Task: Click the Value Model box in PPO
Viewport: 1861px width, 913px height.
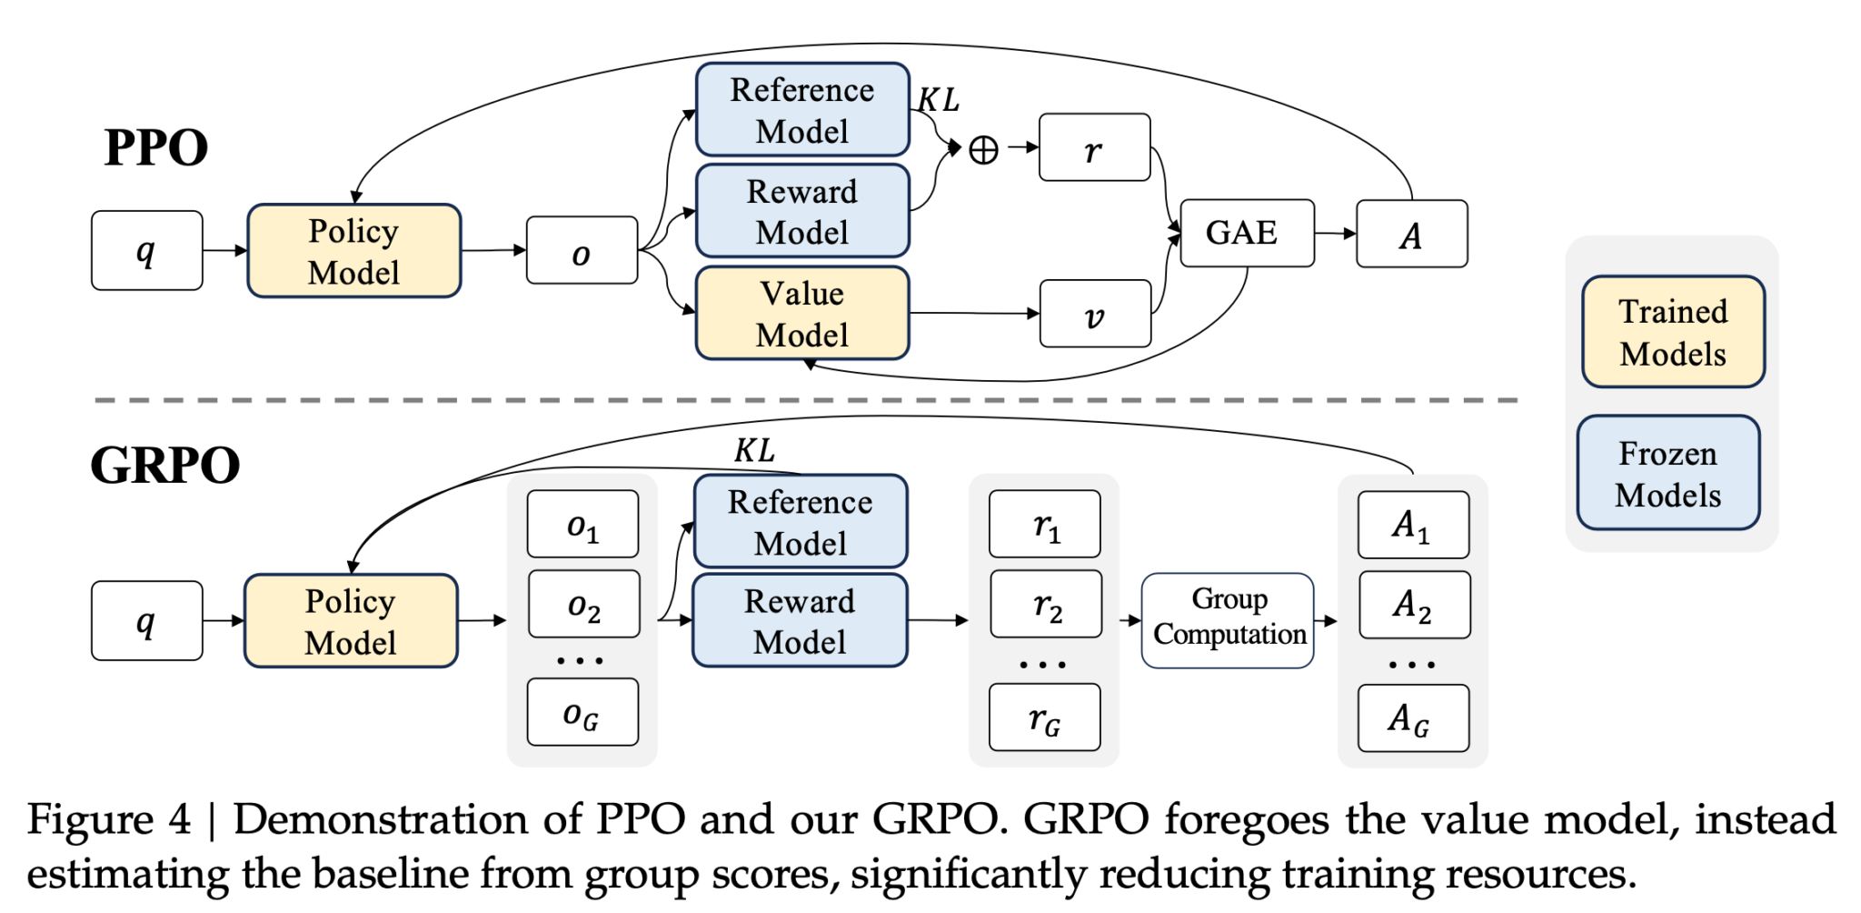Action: pyautogui.click(x=802, y=314)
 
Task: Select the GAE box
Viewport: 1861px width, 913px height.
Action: pyautogui.click(x=1247, y=233)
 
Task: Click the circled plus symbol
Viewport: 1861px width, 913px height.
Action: pyautogui.click(x=983, y=149)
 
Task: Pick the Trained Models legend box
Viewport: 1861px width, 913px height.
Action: pyautogui.click(x=1673, y=332)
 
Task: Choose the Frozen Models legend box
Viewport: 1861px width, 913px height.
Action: pyautogui.click(x=1668, y=473)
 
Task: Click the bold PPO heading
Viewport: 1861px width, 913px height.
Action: pyautogui.click(x=156, y=147)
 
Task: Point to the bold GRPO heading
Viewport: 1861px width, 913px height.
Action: pyautogui.click(x=164, y=466)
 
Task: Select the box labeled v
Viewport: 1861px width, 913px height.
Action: pyautogui.click(x=1095, y=314)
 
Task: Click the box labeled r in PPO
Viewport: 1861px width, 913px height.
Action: pyautogui.click(x=1094, y=147)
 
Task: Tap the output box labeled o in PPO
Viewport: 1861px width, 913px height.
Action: pyautogui.click(x=582, y=250)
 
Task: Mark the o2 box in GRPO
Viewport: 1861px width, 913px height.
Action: pyautogui.click(x=583, y=604)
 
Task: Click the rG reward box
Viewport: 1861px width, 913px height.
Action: pyautogui.click(x=1044, y=717)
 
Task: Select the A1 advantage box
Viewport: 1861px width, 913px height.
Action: pyautogui.click(x=1413, y=525)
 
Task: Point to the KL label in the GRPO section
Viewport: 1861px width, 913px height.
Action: pyautogui.click(x=754, y=450)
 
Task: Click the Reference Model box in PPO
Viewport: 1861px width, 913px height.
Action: pyautogui.click(x=802, y=110)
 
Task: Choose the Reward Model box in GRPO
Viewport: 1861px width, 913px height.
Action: pyautogui.click(x=800, y=620)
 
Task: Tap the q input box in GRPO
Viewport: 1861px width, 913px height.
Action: pyautogui.click(x=146, y=620)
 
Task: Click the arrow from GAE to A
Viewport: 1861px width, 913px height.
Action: pyautogui.click(x=1335, y=234)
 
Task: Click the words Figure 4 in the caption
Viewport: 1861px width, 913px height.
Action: pyautogui.click(x=109, y=819)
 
